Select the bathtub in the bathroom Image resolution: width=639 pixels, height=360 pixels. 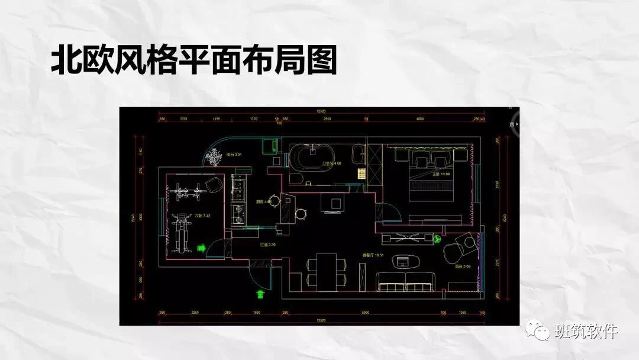click(309, 159)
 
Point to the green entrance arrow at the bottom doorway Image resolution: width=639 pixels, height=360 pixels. click(259, 292)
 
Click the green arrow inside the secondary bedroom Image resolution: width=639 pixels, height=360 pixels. click(201, 249)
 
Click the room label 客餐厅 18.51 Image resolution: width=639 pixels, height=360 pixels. click(373, 255)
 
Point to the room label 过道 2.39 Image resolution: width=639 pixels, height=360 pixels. click(268, 245)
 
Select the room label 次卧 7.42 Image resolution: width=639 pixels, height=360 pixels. click(203, 216)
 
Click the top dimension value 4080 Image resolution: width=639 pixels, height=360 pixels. click(419, 119)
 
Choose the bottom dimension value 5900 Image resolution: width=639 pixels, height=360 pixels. click(365, 312)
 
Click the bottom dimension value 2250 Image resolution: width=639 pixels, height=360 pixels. click(193, 312)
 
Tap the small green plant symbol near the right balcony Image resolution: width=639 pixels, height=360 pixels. click(437, 239)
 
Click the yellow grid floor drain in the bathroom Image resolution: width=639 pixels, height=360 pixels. click(360, 173)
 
